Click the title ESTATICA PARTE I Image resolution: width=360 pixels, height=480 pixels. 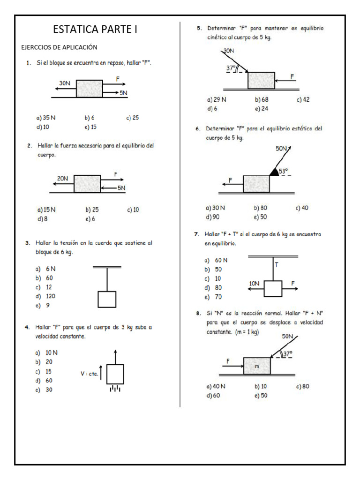(x=95, y=30)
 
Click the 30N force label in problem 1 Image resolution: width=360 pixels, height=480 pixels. (x=65, y=83)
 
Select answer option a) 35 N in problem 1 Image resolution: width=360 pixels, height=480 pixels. (x=46, y=118)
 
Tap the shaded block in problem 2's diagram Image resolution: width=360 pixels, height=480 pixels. (x=87, y=184)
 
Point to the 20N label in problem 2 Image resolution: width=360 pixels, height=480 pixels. (x=62, y=179)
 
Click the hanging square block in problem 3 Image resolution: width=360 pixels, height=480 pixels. (x=107, y=300)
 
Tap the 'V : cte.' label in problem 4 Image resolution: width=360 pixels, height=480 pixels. (x=90, y=374)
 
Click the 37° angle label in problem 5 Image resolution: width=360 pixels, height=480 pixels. (x=231, y=68)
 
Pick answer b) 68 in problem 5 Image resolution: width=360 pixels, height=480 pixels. (x=262, y=99)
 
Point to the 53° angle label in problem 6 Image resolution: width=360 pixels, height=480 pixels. (x=284, y=172)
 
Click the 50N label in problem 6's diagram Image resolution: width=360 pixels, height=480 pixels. (x=281, y=149)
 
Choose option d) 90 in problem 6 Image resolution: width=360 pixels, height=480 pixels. (x=212, y=217)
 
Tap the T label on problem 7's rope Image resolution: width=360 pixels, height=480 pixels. (x=276, y=265)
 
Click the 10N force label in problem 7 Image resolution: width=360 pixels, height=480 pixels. (x=254, y=284)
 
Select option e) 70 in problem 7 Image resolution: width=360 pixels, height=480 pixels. (x=213, y=297)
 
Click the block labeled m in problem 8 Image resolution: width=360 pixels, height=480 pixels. (x=257, y=366)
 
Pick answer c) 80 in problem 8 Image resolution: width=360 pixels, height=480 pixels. (x=303, y=386)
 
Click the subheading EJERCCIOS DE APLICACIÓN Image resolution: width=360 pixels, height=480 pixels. (x=59, y=47)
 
